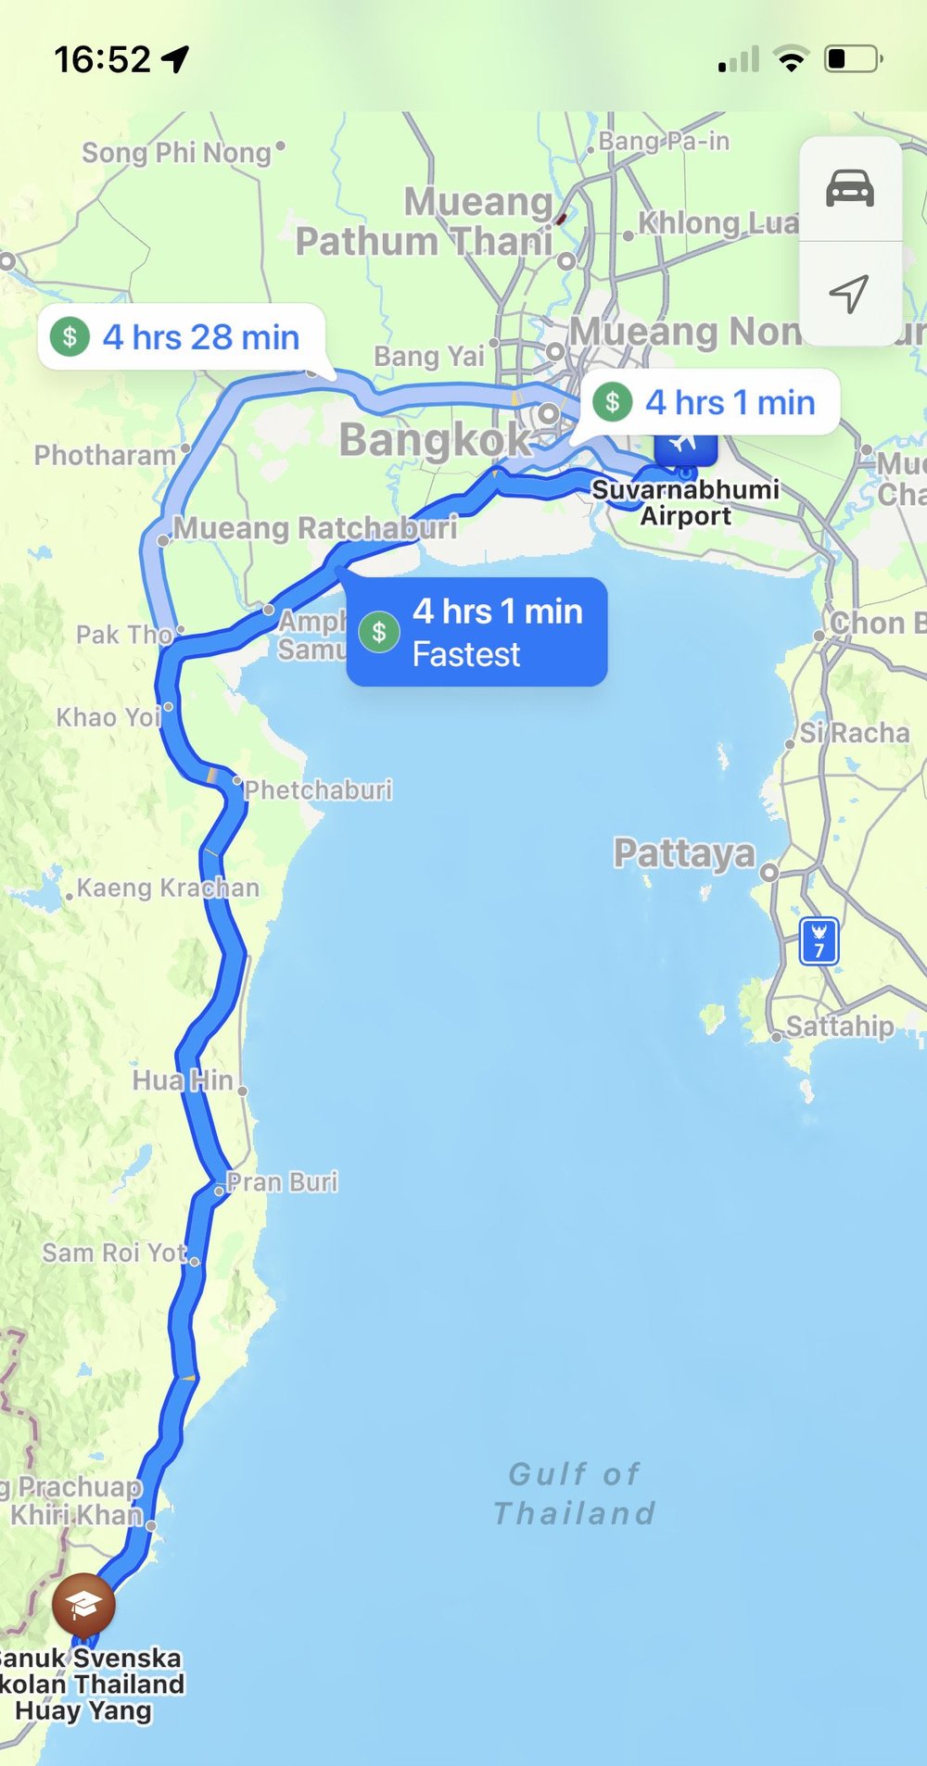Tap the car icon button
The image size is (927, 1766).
(850, 189)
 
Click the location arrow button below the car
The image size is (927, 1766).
(848, 294)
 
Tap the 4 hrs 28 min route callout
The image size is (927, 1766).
(182, 337)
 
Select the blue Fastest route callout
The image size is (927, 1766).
(476, 632)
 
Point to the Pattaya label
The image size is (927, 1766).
(684, 852)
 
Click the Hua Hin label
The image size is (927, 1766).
(183, 1080)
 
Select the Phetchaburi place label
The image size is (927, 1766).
(318, 790)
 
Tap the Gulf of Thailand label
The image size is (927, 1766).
(575, 1493)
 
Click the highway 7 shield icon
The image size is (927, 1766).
(819, 941)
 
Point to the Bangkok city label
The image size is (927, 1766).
(435, 439)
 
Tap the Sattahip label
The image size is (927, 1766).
(840, 1026)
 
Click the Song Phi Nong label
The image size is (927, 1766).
(176, 152)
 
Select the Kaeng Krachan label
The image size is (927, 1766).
(168, 888)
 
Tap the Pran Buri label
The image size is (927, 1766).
(283, 1182)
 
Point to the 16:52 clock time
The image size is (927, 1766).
(102, 60)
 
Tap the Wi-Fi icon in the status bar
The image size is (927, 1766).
(791, 60)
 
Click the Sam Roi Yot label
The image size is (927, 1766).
(115, 1253)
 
